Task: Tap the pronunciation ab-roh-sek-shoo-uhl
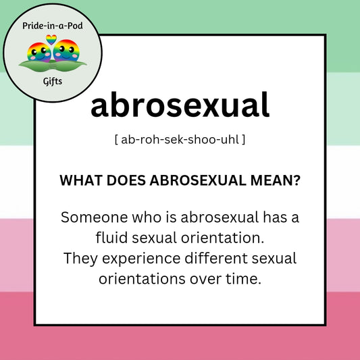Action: [180, 140]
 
